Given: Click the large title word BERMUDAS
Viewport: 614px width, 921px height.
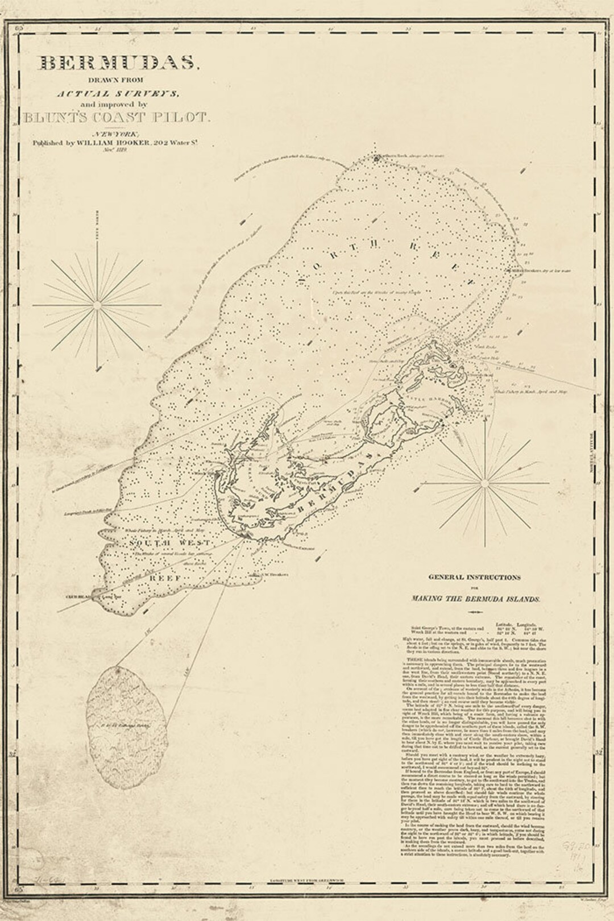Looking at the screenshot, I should (x=116, y=64).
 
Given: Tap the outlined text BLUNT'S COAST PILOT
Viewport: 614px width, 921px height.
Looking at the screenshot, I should (x=117, y=118).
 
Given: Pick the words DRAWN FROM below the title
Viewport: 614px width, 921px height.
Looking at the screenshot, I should (x=119, y=80).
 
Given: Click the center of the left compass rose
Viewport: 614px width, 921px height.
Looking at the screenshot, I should (x=97, y=305).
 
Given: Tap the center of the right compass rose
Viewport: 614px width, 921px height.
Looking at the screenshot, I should (x=484, y=483).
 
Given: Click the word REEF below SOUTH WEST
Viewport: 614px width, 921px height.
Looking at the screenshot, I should (x=165, y=578).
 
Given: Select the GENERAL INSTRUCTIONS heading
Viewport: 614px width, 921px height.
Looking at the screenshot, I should (x=474, y=577).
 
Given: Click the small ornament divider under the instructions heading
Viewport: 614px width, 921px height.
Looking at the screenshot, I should (x=474, y=612).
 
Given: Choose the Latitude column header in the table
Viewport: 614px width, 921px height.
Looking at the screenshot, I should (x=504, y=624).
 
